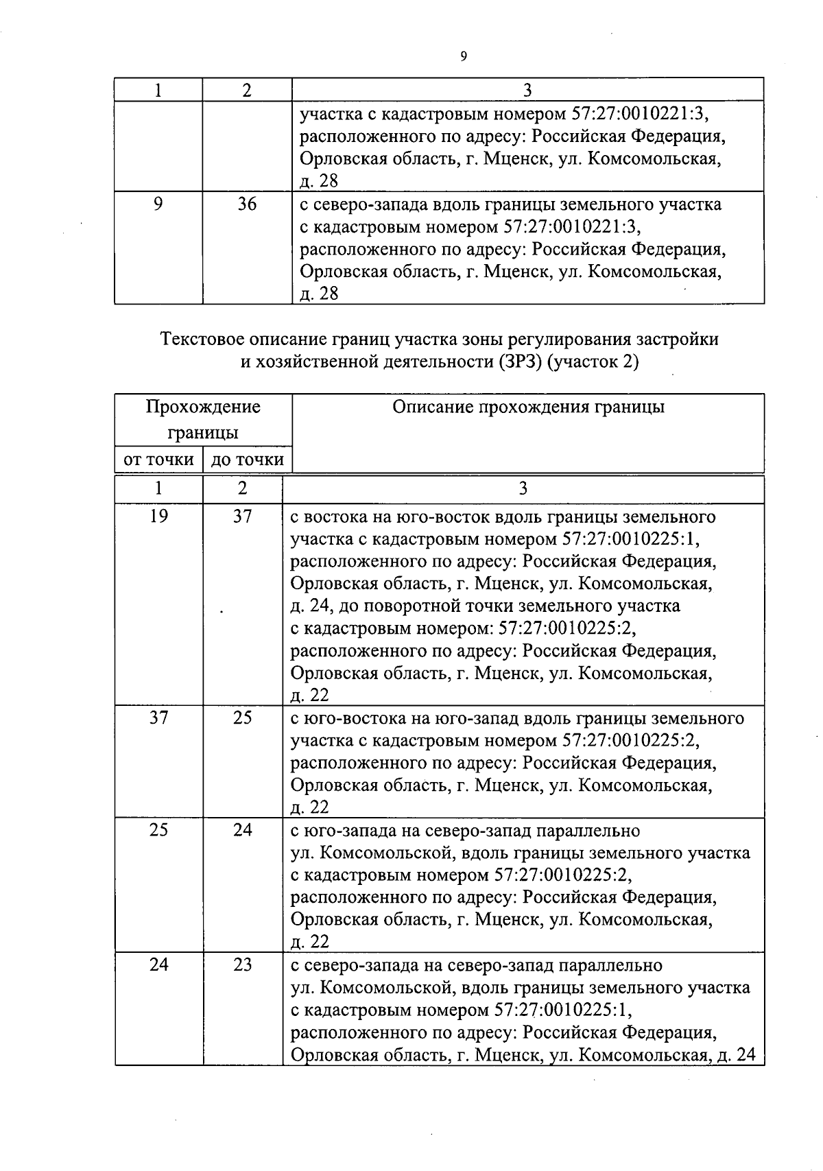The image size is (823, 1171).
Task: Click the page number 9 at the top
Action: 464,57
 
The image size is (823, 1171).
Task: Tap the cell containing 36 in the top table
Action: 247,204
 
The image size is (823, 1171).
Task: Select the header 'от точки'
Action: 158,460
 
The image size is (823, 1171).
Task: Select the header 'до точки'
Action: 247,460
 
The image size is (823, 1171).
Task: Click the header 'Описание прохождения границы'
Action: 528,407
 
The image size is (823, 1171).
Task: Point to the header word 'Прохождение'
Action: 203,407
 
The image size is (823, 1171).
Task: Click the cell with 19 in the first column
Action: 158,516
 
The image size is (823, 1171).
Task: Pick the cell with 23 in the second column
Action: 243,965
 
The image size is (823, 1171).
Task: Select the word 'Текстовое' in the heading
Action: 202,339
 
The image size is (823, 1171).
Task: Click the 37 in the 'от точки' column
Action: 158,718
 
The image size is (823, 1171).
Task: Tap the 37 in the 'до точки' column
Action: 243,516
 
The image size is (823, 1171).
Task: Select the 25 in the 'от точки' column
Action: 158,830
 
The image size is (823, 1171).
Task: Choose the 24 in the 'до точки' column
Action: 243,830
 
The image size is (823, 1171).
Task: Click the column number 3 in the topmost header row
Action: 527,90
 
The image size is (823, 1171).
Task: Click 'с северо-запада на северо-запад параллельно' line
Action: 477,966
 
